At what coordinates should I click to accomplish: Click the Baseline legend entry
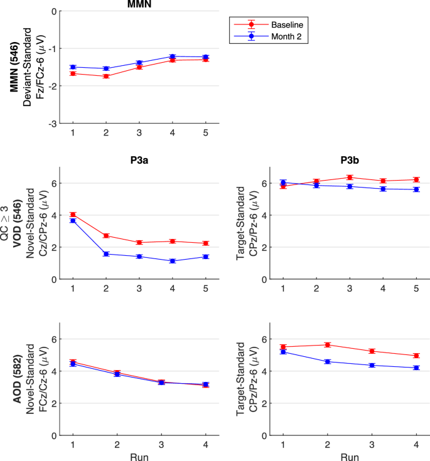click(x=269, y=24)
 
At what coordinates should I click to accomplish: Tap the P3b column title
click(x=350, y=159)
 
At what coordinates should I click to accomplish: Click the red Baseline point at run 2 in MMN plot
click(x=106, y=76)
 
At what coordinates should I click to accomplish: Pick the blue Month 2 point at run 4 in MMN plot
click(x=173, y=56)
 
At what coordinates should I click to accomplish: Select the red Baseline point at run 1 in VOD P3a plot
click(x=73, y=215)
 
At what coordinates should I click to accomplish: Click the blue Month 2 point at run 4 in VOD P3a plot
click(x=173, y=261)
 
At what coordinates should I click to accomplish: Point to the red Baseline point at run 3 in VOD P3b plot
click(x=350, y=178)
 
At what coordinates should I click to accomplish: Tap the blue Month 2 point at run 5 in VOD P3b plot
click(x=416, y=189)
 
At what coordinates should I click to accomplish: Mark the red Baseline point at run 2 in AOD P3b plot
click(x=327, y=344)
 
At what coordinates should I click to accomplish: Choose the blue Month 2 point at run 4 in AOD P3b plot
click(x=416, y=368)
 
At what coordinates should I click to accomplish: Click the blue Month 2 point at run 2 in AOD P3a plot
click(x=117, y=374)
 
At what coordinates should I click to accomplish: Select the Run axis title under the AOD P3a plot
click(x=139, y=456)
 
